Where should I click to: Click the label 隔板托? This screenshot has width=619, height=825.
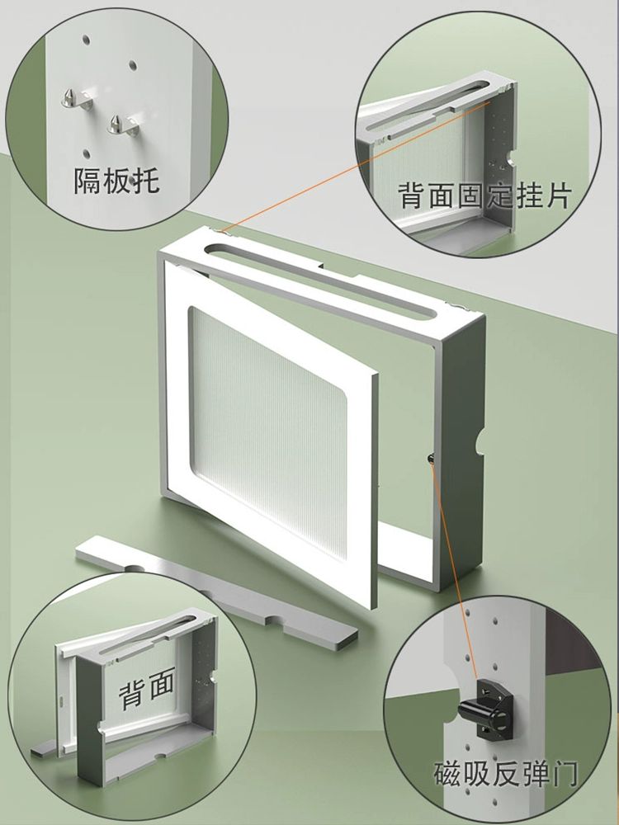(116, 181)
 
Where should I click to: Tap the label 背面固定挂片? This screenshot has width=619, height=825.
(484, 196)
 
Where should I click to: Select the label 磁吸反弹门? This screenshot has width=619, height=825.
(506, 773)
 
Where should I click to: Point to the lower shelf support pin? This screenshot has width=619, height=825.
(125, 126)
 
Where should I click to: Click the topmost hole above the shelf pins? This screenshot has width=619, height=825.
(86, 40)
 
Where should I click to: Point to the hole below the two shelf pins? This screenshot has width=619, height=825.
(87, 154)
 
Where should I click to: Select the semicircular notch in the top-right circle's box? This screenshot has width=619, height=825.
(509, 158)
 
